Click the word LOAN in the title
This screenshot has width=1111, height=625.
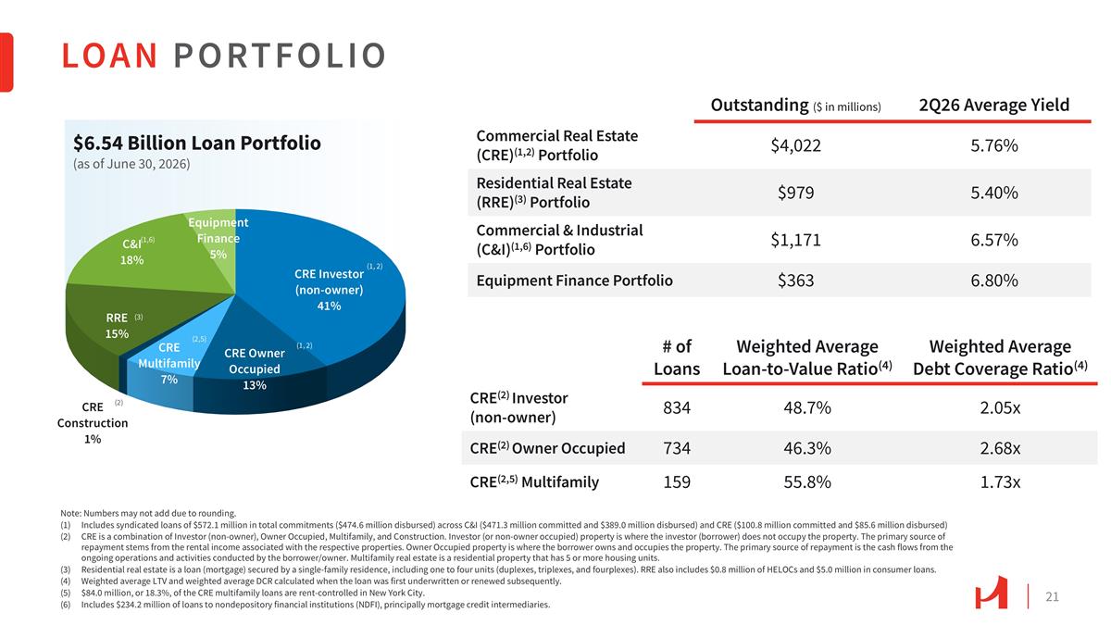[109, 56]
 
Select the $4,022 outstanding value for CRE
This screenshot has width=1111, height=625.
[795, 145]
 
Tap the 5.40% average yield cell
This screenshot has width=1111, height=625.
[994, 193]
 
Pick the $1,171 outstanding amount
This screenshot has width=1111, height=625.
[795, 240]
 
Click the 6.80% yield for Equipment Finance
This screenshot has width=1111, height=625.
[994, 281]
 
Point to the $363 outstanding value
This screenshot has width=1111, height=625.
[795, 281]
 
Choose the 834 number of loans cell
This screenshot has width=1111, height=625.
[677, 407]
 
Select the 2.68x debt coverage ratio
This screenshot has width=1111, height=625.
[1000, 448]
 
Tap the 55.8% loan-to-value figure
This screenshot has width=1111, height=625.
[807, 482]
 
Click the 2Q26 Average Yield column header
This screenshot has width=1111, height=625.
[994, 106]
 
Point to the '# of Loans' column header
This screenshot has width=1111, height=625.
[677, 357]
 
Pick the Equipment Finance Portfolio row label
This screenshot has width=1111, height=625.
[574, 281]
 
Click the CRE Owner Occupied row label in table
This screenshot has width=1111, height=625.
[547, 448]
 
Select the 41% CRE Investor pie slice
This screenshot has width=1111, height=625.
[330, 290]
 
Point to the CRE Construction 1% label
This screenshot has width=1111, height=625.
[93, 422]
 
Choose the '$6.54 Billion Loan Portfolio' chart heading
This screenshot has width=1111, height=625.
[197, 144]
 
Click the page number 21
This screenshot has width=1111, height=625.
[1052, 596]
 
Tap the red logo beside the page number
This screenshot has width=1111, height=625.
[991, 594]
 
